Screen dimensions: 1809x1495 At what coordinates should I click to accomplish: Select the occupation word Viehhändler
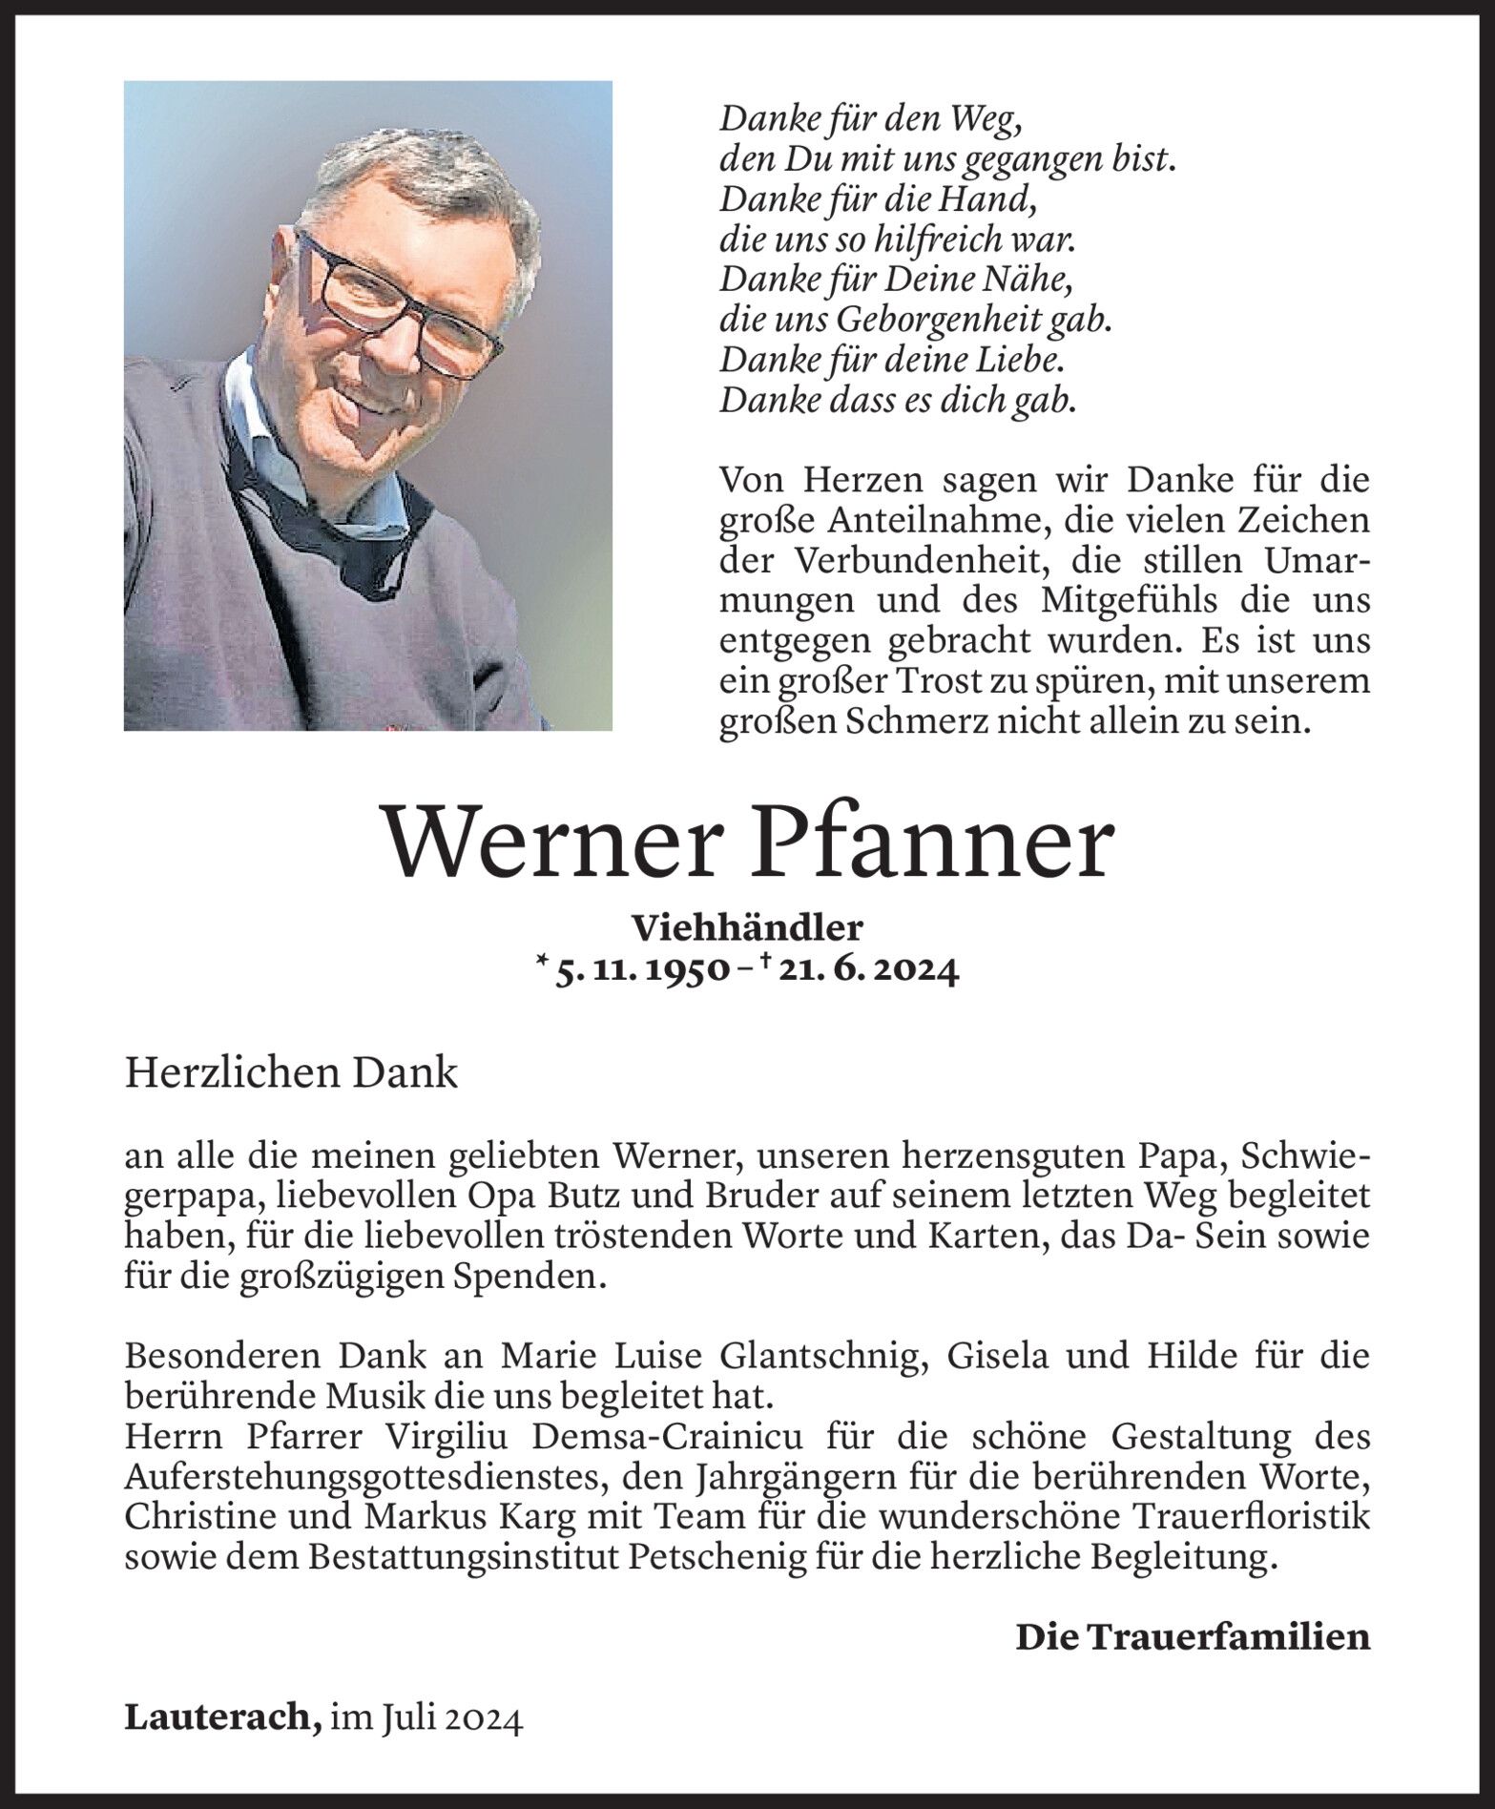(747, 925)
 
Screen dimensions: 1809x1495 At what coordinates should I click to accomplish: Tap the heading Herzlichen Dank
(291, 1073)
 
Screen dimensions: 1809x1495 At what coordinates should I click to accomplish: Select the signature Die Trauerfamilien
(1192, 1636)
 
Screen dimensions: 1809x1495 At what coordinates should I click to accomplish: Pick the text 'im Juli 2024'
(426, 1718)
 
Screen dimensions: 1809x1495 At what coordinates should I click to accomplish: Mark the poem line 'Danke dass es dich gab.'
(898, 399)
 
